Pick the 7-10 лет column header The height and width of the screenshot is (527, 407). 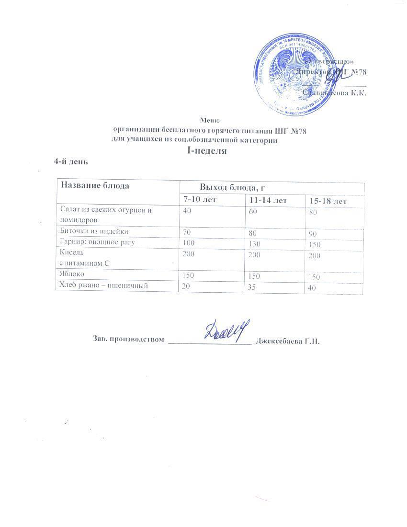coord(198,199)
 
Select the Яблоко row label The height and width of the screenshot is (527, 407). coord(71,275)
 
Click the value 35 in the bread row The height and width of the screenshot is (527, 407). coord(249,287)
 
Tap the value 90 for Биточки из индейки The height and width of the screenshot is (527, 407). coord(313,234)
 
